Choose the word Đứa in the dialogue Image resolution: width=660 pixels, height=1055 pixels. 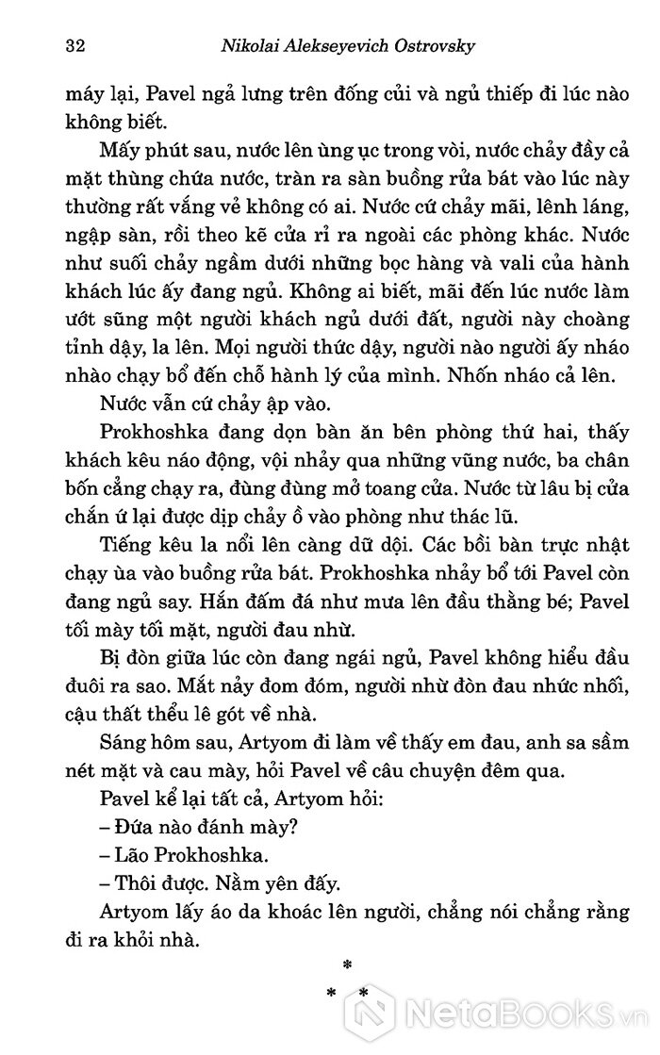click(x=135, y=830)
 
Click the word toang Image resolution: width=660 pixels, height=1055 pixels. click(x=371, y=491)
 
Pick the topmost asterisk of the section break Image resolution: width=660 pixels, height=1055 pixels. click(x=347, y=964)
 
